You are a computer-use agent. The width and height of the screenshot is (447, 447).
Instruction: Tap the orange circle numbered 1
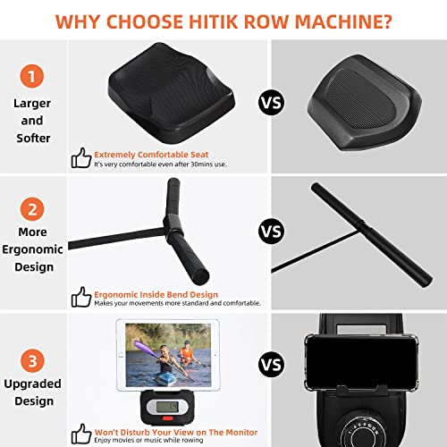tap(32, 76)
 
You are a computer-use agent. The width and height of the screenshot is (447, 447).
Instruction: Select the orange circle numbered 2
tap(32, 209)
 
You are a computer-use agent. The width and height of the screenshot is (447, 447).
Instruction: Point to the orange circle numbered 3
tap(32, 360)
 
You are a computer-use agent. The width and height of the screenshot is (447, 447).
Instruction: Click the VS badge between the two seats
tap(271, 102)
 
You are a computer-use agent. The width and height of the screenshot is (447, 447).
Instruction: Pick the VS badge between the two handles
tap(271, 232)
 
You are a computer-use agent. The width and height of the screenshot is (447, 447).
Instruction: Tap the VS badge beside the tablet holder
tap(271, 364)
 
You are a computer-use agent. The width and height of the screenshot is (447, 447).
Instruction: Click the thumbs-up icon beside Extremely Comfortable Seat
tap(81, 158)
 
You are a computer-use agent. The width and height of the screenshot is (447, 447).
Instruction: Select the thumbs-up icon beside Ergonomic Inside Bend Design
tap(81, 297)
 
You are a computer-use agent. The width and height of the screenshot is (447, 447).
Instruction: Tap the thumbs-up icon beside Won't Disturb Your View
tap(81, 434)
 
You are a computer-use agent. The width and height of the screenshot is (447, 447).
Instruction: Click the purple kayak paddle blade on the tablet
tap(142, 347)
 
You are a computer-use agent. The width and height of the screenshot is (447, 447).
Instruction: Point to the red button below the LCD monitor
tap(167, 418)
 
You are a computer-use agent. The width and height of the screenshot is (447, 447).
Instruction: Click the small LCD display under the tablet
tap(167, 407)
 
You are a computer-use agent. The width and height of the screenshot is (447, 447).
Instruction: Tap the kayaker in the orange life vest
tap(186, 354)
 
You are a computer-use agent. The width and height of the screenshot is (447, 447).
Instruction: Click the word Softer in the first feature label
tap(33, 138)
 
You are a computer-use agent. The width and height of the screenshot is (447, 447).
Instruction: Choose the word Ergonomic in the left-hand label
tap(32, 249)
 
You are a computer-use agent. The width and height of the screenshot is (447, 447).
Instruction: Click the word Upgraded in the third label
tap(32, 384)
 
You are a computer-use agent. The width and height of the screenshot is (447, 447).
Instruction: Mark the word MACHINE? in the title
tap(343, 21)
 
